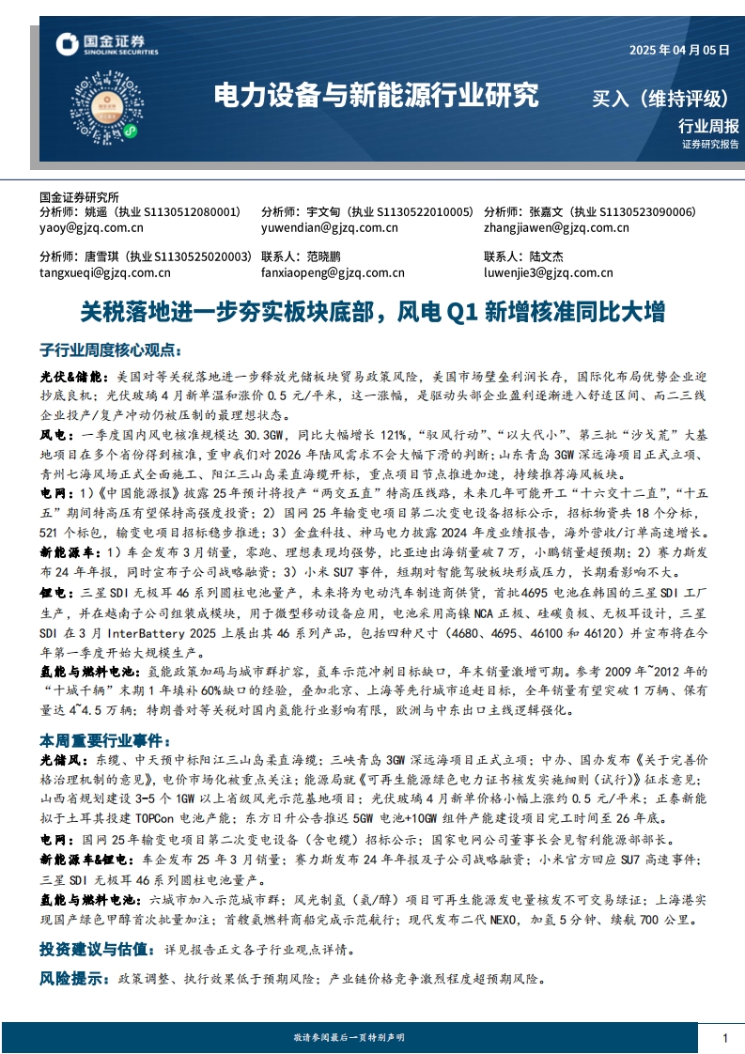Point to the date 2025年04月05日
click(677, 51)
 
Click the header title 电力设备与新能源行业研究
click(377, 95)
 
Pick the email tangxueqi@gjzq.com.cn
click(104, 273)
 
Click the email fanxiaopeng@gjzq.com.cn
click(333, 273)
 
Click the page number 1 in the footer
click(725, 1037)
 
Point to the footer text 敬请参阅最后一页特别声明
click(349, 1037)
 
